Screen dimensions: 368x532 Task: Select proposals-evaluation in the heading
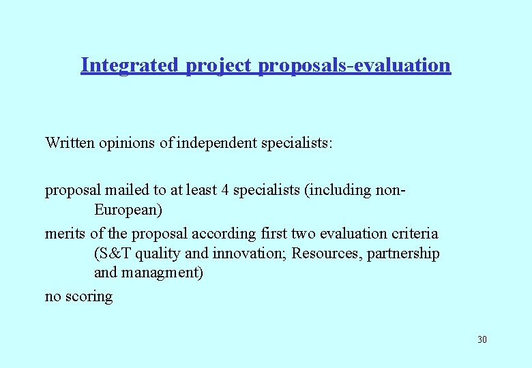click(x=355, y=66)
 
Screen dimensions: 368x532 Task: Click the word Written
click(x=71, y=143)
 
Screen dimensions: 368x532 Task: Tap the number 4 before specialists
click(x=224, y=190)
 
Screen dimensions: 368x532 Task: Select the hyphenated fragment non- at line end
click(x=391, y=190)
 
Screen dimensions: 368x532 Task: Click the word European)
click(x=128, y=210)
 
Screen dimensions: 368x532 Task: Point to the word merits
click(x=65, y=234)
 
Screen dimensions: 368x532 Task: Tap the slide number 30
click(x=482, y=339)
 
